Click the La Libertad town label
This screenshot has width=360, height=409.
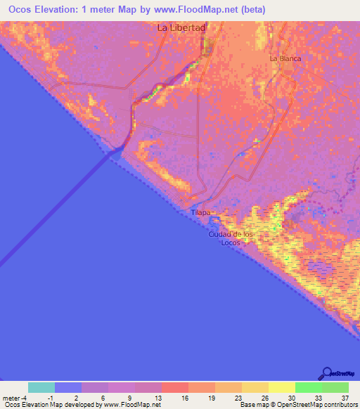[181, 28]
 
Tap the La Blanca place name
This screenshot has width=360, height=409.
[285, 59]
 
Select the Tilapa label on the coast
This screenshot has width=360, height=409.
[201, 212]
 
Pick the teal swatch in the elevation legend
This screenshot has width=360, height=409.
[41, 387]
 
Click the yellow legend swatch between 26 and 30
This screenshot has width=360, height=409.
[282, 387]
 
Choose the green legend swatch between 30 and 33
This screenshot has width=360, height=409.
[309, 387]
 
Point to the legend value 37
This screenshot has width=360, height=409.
[345, 397]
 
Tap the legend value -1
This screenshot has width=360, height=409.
[51, 397]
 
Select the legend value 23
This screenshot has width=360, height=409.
[238, 397]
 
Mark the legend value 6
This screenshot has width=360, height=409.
[104, 397]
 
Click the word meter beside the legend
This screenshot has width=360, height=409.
[12, 397]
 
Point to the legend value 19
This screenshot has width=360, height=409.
[211, 397]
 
